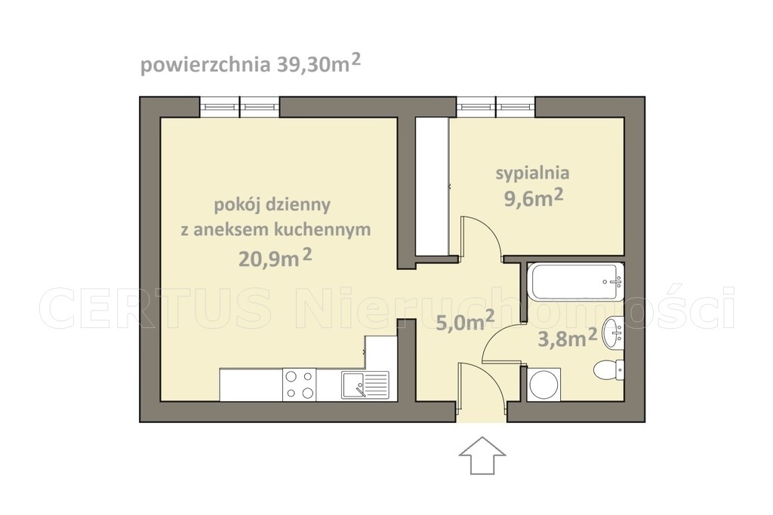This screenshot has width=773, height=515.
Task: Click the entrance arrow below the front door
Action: pos(482,454)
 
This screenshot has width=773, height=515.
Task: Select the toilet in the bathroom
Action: pos(608,369)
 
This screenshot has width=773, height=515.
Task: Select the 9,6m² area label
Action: pos(533,199)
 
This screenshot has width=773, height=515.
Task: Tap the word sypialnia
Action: pos(532,173)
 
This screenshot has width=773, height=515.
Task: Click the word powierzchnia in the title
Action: pos(202,65)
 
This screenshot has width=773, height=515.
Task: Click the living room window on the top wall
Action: pos(239,107)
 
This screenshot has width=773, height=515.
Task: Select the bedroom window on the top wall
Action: pos(495,107)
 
